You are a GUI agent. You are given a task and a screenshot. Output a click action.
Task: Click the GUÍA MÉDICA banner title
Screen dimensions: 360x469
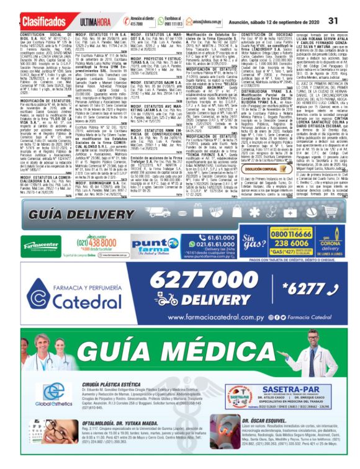tap(179, 349)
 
